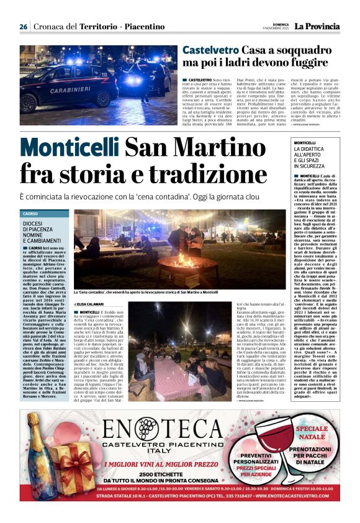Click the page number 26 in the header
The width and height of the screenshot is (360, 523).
pos(24,27)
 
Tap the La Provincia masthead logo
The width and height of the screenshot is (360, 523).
pos(317,27)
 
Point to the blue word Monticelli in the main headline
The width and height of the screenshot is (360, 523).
pos(70,148)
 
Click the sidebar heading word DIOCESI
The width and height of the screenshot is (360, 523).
pos(35,224)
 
